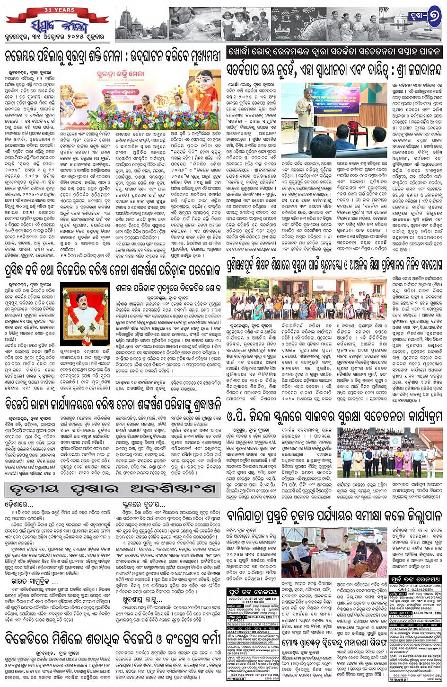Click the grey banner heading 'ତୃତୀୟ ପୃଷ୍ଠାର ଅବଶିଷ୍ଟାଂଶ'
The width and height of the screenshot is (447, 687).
[112, 489]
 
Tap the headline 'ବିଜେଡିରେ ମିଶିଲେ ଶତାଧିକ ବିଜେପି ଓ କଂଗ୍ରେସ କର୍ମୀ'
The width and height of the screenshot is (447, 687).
[112, 640]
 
